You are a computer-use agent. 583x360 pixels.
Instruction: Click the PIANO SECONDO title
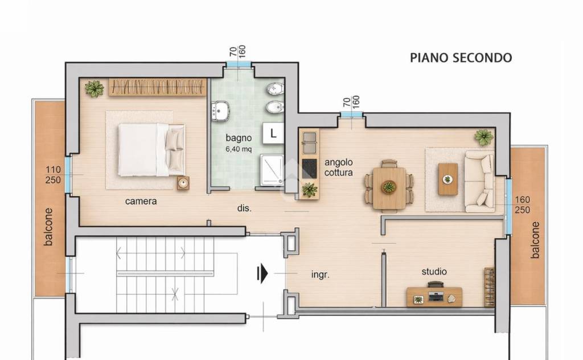(461, 58)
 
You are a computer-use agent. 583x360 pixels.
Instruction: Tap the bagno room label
(239, 138)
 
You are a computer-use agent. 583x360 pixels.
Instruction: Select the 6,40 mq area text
(239, 149)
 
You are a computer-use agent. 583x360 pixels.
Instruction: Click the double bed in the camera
(151, 149)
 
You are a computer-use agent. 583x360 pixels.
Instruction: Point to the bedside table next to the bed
(183, 183)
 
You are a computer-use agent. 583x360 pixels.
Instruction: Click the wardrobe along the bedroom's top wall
(158, 87)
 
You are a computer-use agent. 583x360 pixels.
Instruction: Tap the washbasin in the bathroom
(220, 111)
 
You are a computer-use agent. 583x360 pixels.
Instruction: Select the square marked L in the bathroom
(273, 133)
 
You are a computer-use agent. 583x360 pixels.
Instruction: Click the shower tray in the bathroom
(272, 170)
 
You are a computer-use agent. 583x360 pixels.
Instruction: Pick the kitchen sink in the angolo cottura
(309, 142)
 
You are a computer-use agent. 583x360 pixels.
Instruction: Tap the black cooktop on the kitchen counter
(309, 169)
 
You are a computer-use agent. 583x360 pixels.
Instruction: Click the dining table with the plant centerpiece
(389, 188)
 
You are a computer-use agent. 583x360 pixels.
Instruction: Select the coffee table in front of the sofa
(447, 179)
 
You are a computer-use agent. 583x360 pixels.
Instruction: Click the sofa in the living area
(479, 182)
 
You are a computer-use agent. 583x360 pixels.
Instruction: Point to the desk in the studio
(434, 297)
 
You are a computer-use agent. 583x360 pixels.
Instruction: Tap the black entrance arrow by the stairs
(262, 273)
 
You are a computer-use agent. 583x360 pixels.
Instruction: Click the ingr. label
(320, 275)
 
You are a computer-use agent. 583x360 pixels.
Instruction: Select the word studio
(434, 272)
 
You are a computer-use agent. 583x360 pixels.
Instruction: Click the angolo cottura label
(338, 167)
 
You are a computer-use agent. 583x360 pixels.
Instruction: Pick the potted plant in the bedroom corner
(94, 88)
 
